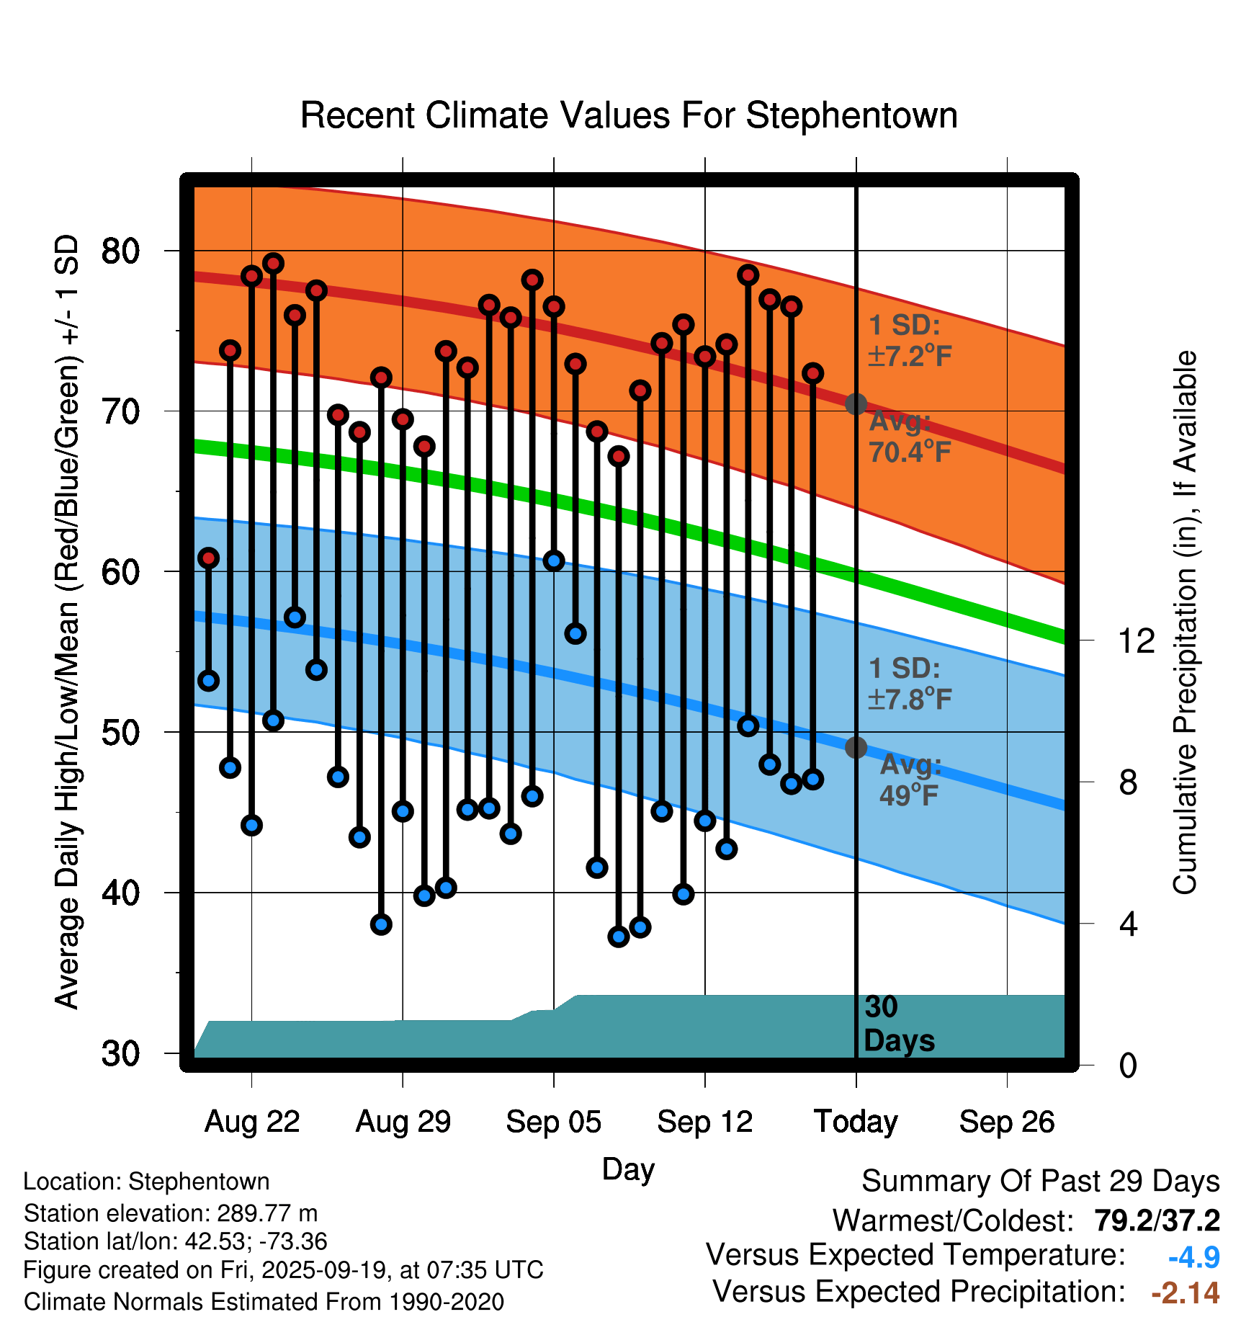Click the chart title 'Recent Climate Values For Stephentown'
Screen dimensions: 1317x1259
tap(629, 116)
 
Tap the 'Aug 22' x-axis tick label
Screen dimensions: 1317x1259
tap(252, 1122)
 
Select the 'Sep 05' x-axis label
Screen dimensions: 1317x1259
tap(553, 1122)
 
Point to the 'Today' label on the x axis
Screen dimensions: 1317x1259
tap(856, 1122)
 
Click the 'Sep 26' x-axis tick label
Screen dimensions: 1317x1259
tap(1007, 1122)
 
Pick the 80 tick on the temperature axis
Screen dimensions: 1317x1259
tap(120, 251)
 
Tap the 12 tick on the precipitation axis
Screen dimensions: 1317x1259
tap(1136, 640)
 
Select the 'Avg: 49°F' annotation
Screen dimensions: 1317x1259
tap(910, 780)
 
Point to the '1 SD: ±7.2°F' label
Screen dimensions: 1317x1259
tap(910, 341)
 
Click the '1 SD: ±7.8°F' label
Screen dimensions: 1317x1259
tap(910, 684)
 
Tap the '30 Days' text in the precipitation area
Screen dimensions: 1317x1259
tap(899, 1024)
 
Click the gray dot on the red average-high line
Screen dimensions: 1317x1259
tap(856, 404)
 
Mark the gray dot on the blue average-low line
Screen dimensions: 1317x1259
tap(856, 748)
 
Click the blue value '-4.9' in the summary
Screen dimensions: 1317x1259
tap(1193, 1257)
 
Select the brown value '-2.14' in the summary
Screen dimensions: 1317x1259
tap(1185, 1293)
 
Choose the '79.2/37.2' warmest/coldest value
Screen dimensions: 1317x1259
tap(1157, 1220)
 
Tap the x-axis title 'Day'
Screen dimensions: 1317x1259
tap(628, 1169)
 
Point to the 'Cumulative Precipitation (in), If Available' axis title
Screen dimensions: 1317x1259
tap(1185, 622)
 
